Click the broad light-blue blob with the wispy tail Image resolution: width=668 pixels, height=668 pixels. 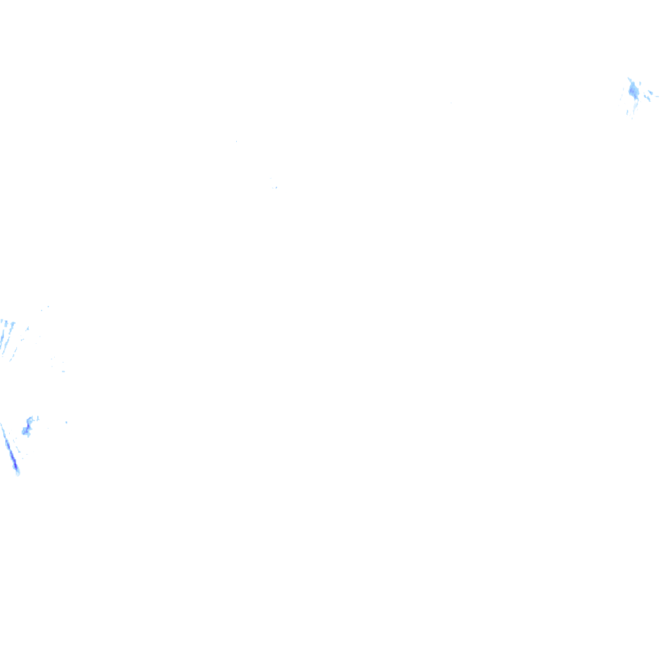(x=633, y=91)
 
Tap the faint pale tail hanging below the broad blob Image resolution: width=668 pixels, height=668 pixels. (x=632, y=110)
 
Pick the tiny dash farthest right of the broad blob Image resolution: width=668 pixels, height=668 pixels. (x=656, y=97)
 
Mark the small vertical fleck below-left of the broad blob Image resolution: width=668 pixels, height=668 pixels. (x=627, y=112)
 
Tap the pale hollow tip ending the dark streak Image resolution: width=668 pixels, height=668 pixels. (x=18, y=472)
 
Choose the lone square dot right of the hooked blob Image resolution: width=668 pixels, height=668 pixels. (x=67, y=422)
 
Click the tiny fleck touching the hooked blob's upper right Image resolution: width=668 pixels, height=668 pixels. (x=37, y=417)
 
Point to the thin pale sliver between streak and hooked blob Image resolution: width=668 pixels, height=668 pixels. (x=18, y=450)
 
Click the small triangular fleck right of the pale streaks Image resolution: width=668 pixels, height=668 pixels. (x=27, y=329)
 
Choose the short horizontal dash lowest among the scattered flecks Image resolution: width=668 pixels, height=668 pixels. (x=63, y=371)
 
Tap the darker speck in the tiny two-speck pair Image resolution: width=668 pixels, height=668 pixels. (x=276, y=188)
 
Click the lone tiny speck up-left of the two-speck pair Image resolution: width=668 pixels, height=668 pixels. (x=236, y=142)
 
